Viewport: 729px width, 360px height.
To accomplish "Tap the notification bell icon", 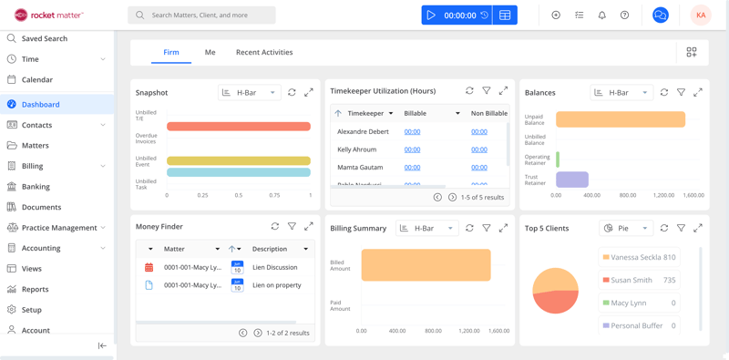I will [x=601, y=15].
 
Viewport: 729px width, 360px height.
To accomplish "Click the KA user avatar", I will [x=700, y=15].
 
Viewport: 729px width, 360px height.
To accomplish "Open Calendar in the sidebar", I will [x=37, y=79].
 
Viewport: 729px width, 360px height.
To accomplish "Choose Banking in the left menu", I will [x=36, y=186].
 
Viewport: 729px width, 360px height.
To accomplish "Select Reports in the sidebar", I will [x=36, y=289].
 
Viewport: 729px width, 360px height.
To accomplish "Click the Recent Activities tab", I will [x=264, y=52].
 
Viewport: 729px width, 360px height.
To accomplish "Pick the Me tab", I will [x=210, y=52].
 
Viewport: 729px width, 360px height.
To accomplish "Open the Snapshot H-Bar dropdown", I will [x=249, y=92].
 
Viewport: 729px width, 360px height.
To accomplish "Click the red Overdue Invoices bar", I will [x=239, y=127].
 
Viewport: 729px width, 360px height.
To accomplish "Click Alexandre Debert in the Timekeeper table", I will [x=363, y=131].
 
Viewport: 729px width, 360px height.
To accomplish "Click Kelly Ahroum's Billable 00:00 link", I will [x=412, y=149].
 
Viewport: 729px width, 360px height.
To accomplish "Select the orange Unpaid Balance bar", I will [x=620, y=119].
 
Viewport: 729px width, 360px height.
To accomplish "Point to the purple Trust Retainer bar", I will [x=572, y=180].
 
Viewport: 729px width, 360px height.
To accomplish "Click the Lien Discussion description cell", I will [x=275, y=267].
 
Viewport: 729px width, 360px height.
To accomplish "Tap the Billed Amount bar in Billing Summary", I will [x=426, y=264].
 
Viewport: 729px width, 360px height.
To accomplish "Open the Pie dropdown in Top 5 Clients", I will [x=627, y=228].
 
